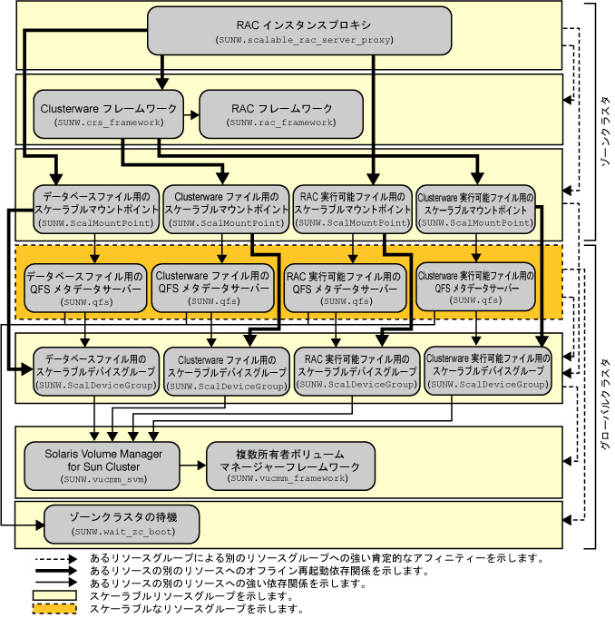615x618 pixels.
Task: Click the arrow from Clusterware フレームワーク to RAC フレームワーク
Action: pyautogui.click(x=192, y=116)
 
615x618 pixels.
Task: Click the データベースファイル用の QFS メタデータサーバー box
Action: pyautogui.click(x=84, y=286)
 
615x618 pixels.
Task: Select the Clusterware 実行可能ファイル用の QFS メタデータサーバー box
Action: pyautogui.click(x=474, y=286)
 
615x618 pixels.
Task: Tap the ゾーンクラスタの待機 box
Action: pyautogui.click(x=122, y=525)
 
